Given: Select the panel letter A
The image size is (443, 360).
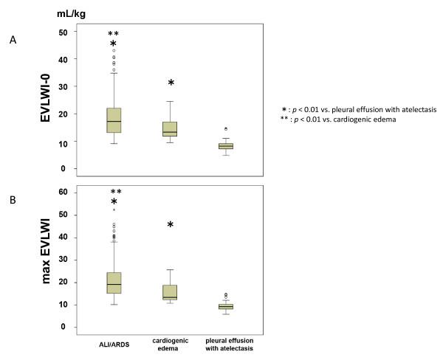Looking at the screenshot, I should point(13,41).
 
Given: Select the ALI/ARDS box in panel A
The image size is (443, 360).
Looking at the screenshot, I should point(114,120).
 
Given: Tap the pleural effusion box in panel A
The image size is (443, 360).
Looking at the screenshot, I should point(226,146).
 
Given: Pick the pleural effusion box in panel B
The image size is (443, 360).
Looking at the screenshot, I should point(226,306).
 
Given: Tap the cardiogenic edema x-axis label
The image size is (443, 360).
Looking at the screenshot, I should point(171,346).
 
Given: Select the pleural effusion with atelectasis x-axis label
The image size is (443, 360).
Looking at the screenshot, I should point(226,346).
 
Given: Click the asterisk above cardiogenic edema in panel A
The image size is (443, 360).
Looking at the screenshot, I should point(171,83).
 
